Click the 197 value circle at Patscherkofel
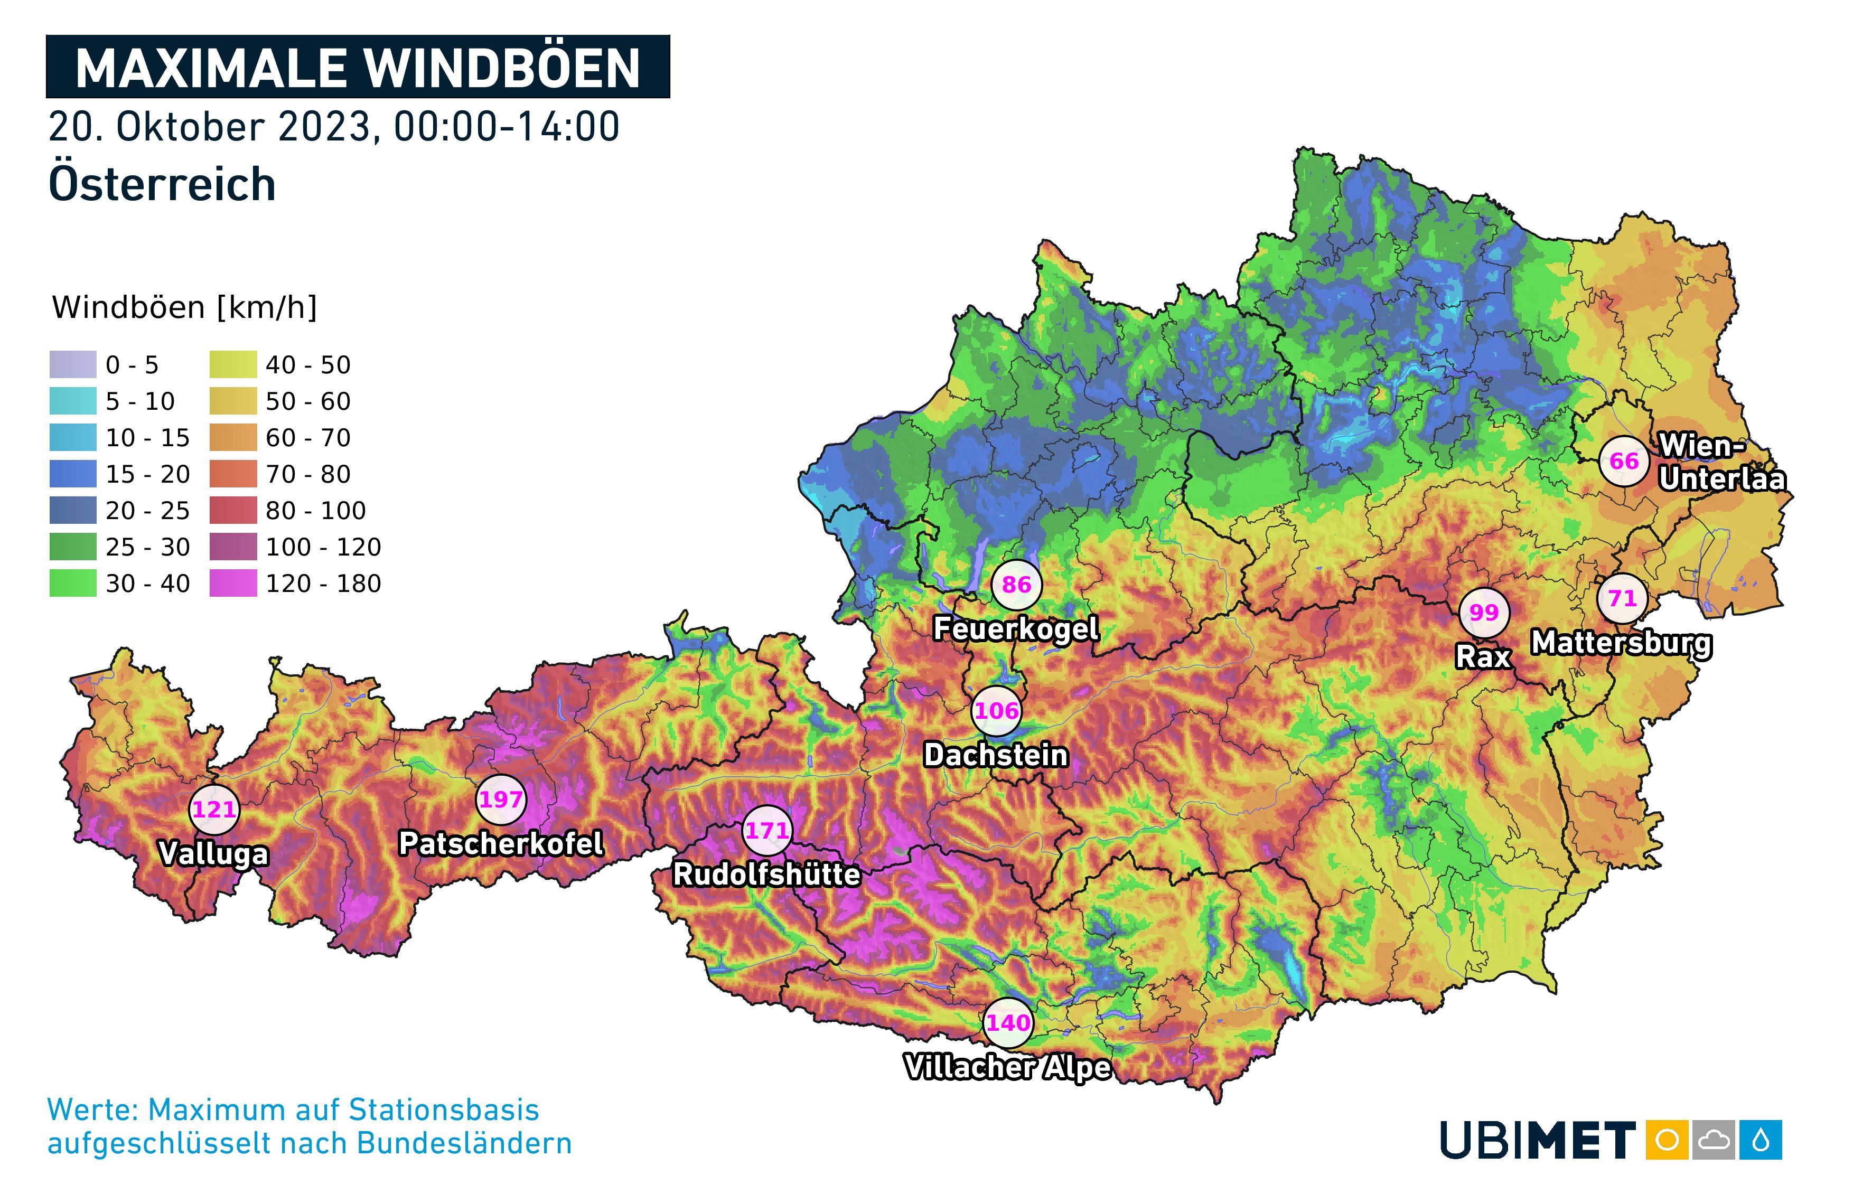pyautogui.click(x=501, y=800)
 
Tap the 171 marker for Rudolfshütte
pyautogui.click(x=767, y=830)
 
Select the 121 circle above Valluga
pyautogui.click(x=214, y=810)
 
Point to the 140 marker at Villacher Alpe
pyautogui.click(x=1008, y=1023)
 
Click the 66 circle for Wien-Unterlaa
pyautogui.click(x=1624, y=461)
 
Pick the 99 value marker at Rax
pyautogui.click(x=1484, y=613)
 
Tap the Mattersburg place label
pyautogui.click(x=1622, y=643)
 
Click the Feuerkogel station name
pyautogui.click(x=1016, y=628)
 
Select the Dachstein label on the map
pyautogui.click(x=996, y=755)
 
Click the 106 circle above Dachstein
pyautogui.click(x=997, y=710)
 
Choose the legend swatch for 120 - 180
pyautogui.click(x=232, y=584)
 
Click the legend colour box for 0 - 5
pyautogui.click(x=73, y=365)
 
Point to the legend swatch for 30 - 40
pyautogui.click(x=73, y=584)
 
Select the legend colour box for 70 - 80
pyautogui.click(x=232, y=474)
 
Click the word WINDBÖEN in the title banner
pyautogui.click(x=502, y=68)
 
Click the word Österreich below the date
pyautogui.click(x=162, y=185)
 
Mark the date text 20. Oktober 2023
pyautogui.click(x=212, y=127)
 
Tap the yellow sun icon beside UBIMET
pyautogui.click(x=1667, y=1140)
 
